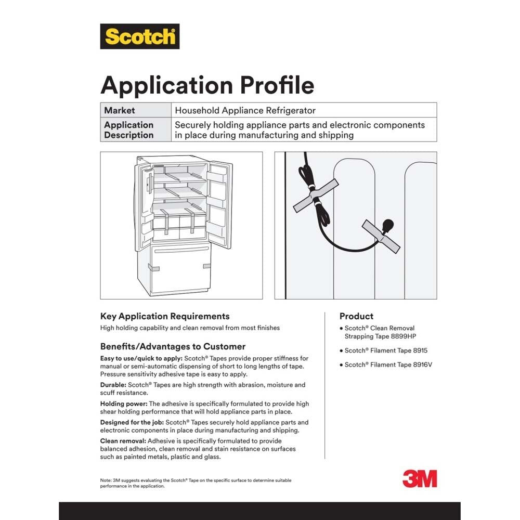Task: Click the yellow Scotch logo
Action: [140, 36]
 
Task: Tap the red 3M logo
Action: [420, 478]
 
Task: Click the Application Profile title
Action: [207, 85]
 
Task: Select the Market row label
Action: [119, 110]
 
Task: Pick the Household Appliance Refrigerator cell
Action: [245, 110]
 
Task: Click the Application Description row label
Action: [128, 130]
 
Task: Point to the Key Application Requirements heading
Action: [164, 316]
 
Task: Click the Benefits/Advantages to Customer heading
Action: [173, 346]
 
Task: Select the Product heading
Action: [356, 316]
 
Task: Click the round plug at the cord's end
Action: [387, 226]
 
